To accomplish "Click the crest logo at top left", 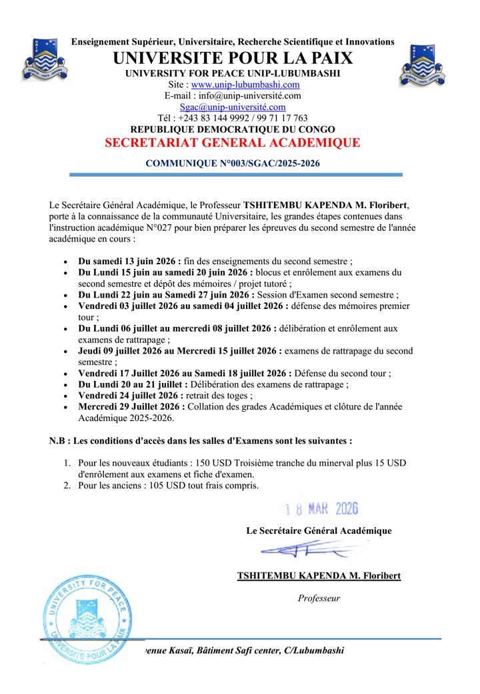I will pyautogui.click(x=45, y=61).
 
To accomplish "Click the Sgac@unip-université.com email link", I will pyautogui.click(x=233, y=106).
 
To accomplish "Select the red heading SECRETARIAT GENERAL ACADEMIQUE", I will pyautogui.click(x=233, y=143).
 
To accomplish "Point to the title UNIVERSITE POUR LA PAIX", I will pyautogui.click(x=233, y=58).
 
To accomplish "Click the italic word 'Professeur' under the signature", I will pyautogui.click(x=319, y=598).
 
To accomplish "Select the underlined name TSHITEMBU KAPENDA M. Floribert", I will pyautogui.click(x=319, y=575).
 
